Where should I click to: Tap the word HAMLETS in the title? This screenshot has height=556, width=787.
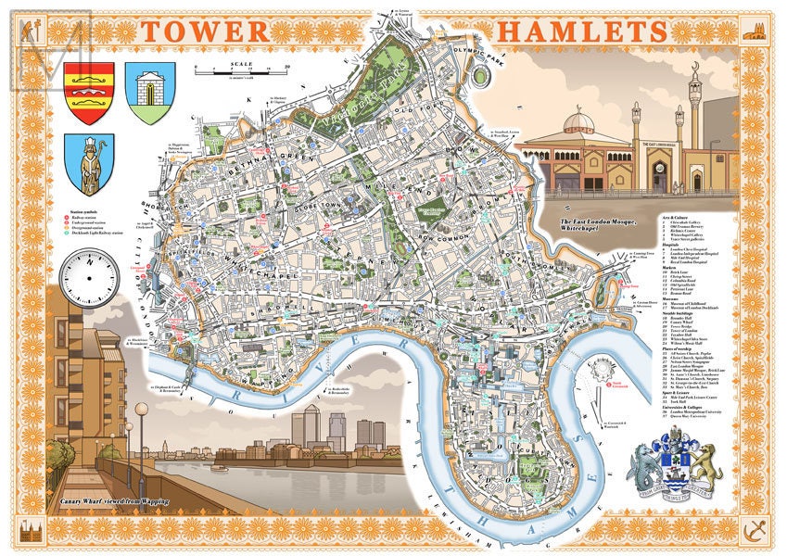582,30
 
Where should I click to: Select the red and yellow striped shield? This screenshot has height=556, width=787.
89,93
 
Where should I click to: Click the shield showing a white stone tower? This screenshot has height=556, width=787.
149,93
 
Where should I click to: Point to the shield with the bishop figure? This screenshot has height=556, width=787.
89,164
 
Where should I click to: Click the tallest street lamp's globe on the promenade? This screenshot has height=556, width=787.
141,409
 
